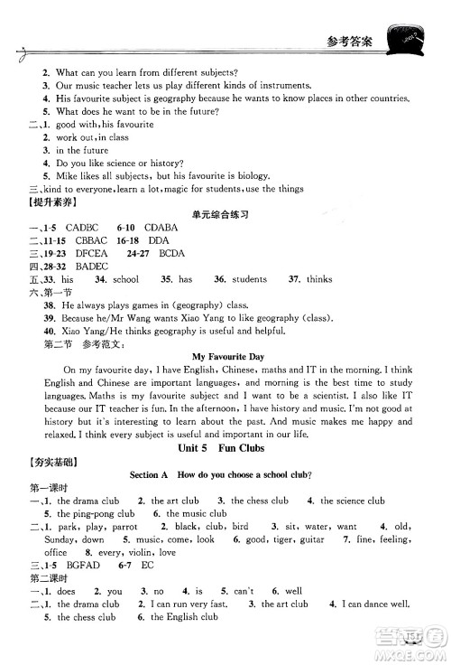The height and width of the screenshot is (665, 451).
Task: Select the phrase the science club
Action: point(353,500)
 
